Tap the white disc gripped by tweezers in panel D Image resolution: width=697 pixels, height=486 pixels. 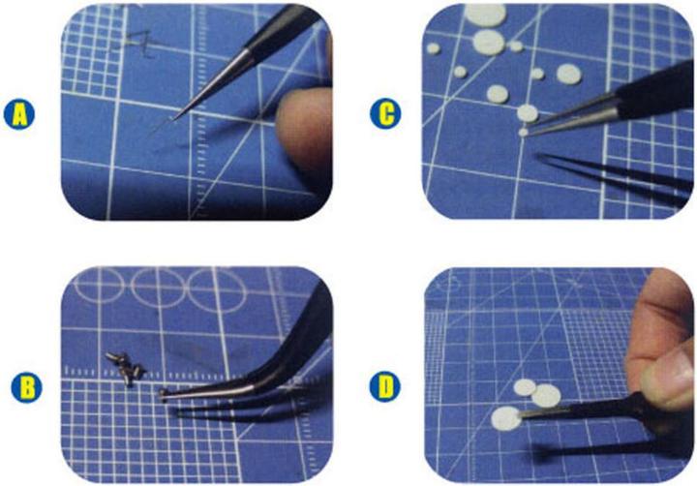click(504, 418)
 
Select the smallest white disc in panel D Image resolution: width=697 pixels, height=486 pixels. click(525, 387)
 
